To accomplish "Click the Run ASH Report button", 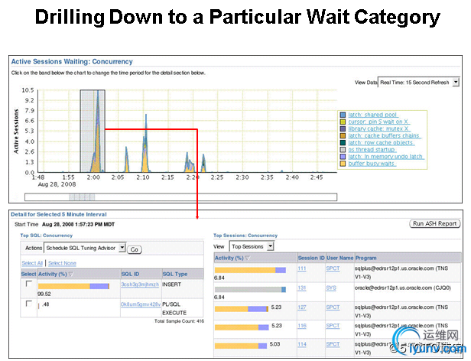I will point(435,224).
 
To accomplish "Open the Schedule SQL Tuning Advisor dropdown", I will point(86,249).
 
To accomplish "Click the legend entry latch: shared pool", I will point(374,114).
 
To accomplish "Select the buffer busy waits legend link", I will point(372,163).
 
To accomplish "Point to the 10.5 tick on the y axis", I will point(28,90).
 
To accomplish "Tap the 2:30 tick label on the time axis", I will point(238,177).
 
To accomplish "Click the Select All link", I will point(31,263).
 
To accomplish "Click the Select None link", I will point(62,263).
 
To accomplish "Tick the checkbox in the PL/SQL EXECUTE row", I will point(28,304).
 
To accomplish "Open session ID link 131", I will point(301,288).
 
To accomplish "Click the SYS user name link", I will point(332,288).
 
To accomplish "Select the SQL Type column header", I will point(174,273).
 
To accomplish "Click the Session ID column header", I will point(310,258).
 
